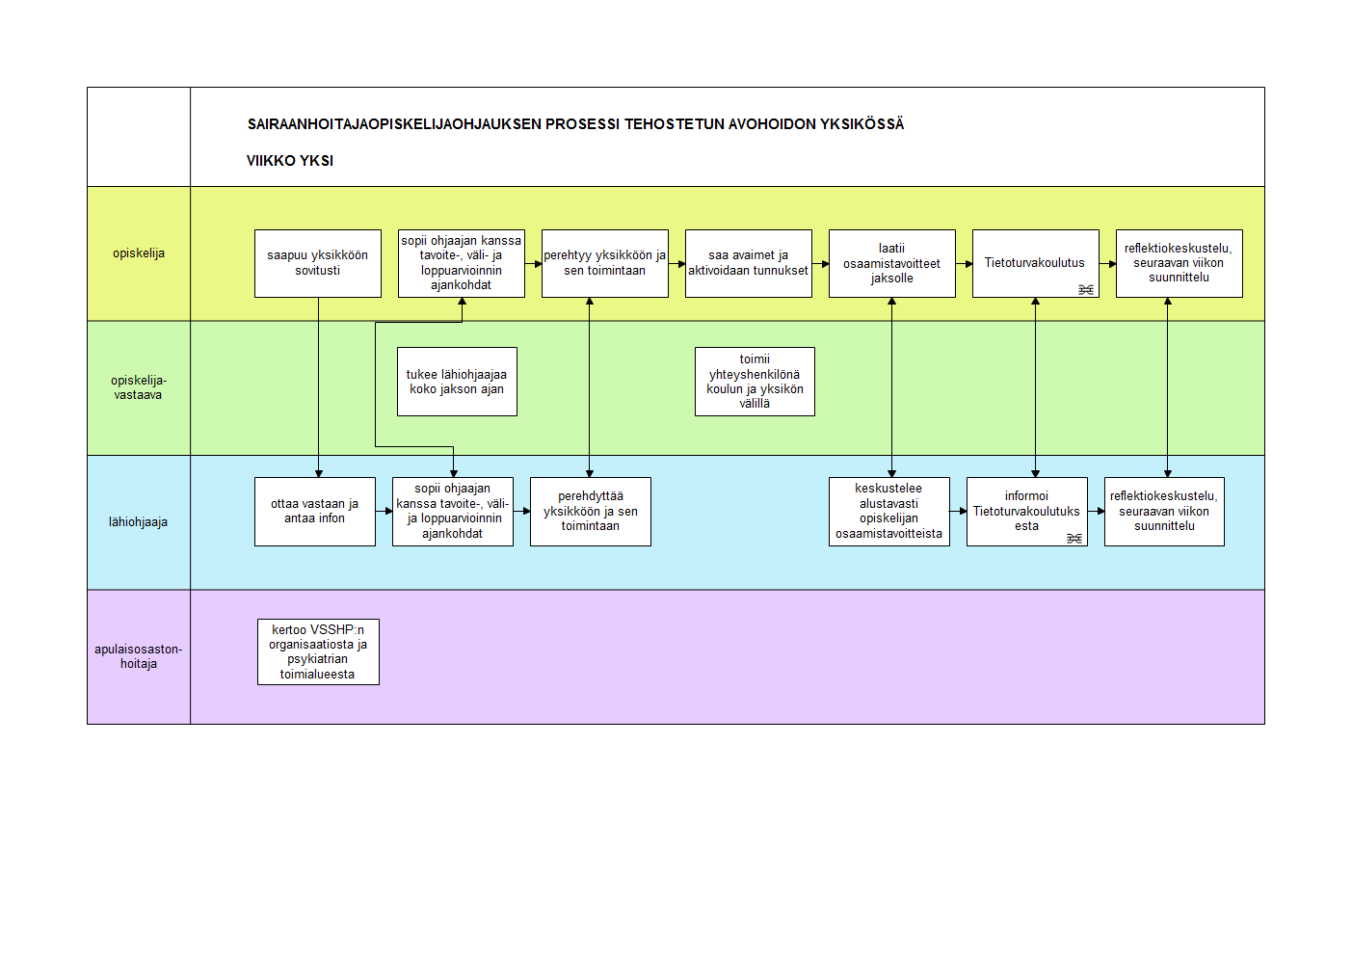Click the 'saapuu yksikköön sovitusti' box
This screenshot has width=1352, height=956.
(318, 263)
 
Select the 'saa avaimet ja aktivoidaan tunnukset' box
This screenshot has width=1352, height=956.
(749, 263)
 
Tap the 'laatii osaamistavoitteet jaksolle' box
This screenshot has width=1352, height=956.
(892, 263)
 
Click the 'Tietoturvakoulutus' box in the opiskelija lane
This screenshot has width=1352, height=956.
(1036, 263)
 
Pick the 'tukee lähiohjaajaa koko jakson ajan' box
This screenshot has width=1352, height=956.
(457, 382)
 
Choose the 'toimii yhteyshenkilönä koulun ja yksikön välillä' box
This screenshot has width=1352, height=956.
(756, 382)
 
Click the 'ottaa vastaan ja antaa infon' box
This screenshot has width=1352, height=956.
(315, 512)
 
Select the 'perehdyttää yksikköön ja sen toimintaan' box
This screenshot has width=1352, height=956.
(591, 512)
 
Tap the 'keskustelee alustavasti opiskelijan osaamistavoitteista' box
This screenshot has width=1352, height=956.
(889, 512)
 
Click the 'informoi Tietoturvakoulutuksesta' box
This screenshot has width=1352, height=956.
(1027, 512)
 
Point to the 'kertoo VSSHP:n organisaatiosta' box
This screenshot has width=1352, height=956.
(319, 651)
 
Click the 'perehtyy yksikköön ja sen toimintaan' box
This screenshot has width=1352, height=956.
(605, 263)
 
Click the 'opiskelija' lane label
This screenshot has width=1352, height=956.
(139, 252)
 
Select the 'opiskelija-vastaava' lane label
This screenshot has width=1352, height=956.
(139, 387)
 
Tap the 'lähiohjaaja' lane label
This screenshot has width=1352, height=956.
(138, 522)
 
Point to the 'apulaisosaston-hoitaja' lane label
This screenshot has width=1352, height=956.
(138, 656)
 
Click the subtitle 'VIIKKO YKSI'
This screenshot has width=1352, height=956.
(290, 161)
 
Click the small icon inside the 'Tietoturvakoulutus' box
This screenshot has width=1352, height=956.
(1086, 290)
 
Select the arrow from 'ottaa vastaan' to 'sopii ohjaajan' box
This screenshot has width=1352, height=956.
(384, 511)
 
